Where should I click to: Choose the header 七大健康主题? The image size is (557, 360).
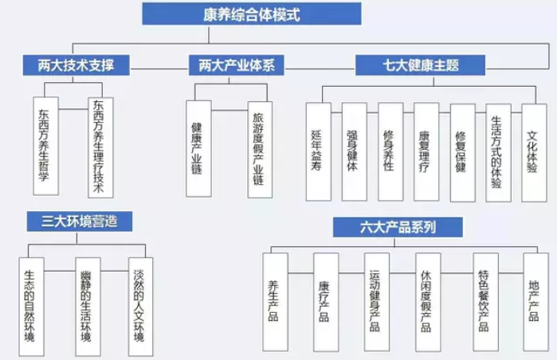[x=408, y=65]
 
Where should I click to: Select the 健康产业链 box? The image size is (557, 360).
[x=198, y=148]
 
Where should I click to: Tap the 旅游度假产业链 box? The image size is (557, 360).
[x=258, y=148]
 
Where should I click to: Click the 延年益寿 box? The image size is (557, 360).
[x=318, y=151]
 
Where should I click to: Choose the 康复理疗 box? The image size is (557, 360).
[x=426, y=151]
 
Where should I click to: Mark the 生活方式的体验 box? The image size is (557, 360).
[x=497, y=151]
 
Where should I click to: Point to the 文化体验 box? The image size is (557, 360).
[x=534, y=151]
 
